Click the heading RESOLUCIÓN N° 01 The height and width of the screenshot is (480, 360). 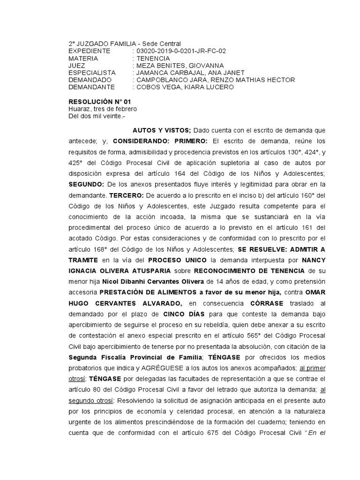pyautogui.click(x=100, y=102)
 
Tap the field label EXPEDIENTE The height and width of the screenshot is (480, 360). pyautogui.click(x=90, y=51)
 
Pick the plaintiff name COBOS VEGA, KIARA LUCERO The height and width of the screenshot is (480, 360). pyautogui.click(x=183, y=87)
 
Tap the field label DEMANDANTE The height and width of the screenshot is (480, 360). pyautogui.click(x=92, y=87)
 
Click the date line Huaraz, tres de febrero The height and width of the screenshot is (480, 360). pyautogui.click(x=103, y=109)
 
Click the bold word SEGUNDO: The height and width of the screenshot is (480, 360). pyautogui.click(x=86, y=184)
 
